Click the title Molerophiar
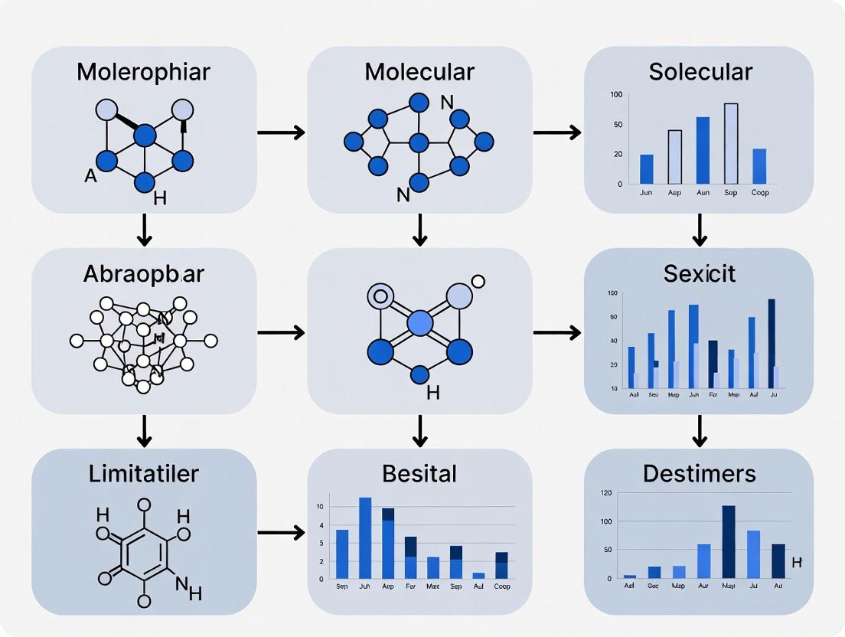pos(143,72)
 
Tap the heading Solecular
pos(700,71)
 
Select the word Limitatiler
pos(143,472)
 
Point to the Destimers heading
pos(699,473)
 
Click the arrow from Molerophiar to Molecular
pos(281,132)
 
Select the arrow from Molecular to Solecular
pos(557,132)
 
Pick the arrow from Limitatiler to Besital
pos(281,532)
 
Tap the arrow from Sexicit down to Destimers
pos(699,431)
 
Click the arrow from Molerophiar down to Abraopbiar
pos(144,230)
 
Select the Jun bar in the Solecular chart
pos(647,169)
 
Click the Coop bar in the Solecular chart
pos(759,166)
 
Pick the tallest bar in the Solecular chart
pos(731,144)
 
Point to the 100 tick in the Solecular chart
pos(616,94)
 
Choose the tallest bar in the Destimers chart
pos(729,541)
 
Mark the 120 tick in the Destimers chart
pos(605,493)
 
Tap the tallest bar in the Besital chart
pos(365,537)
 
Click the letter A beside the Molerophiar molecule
pos(90,177)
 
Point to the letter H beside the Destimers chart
pos(796,563)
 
